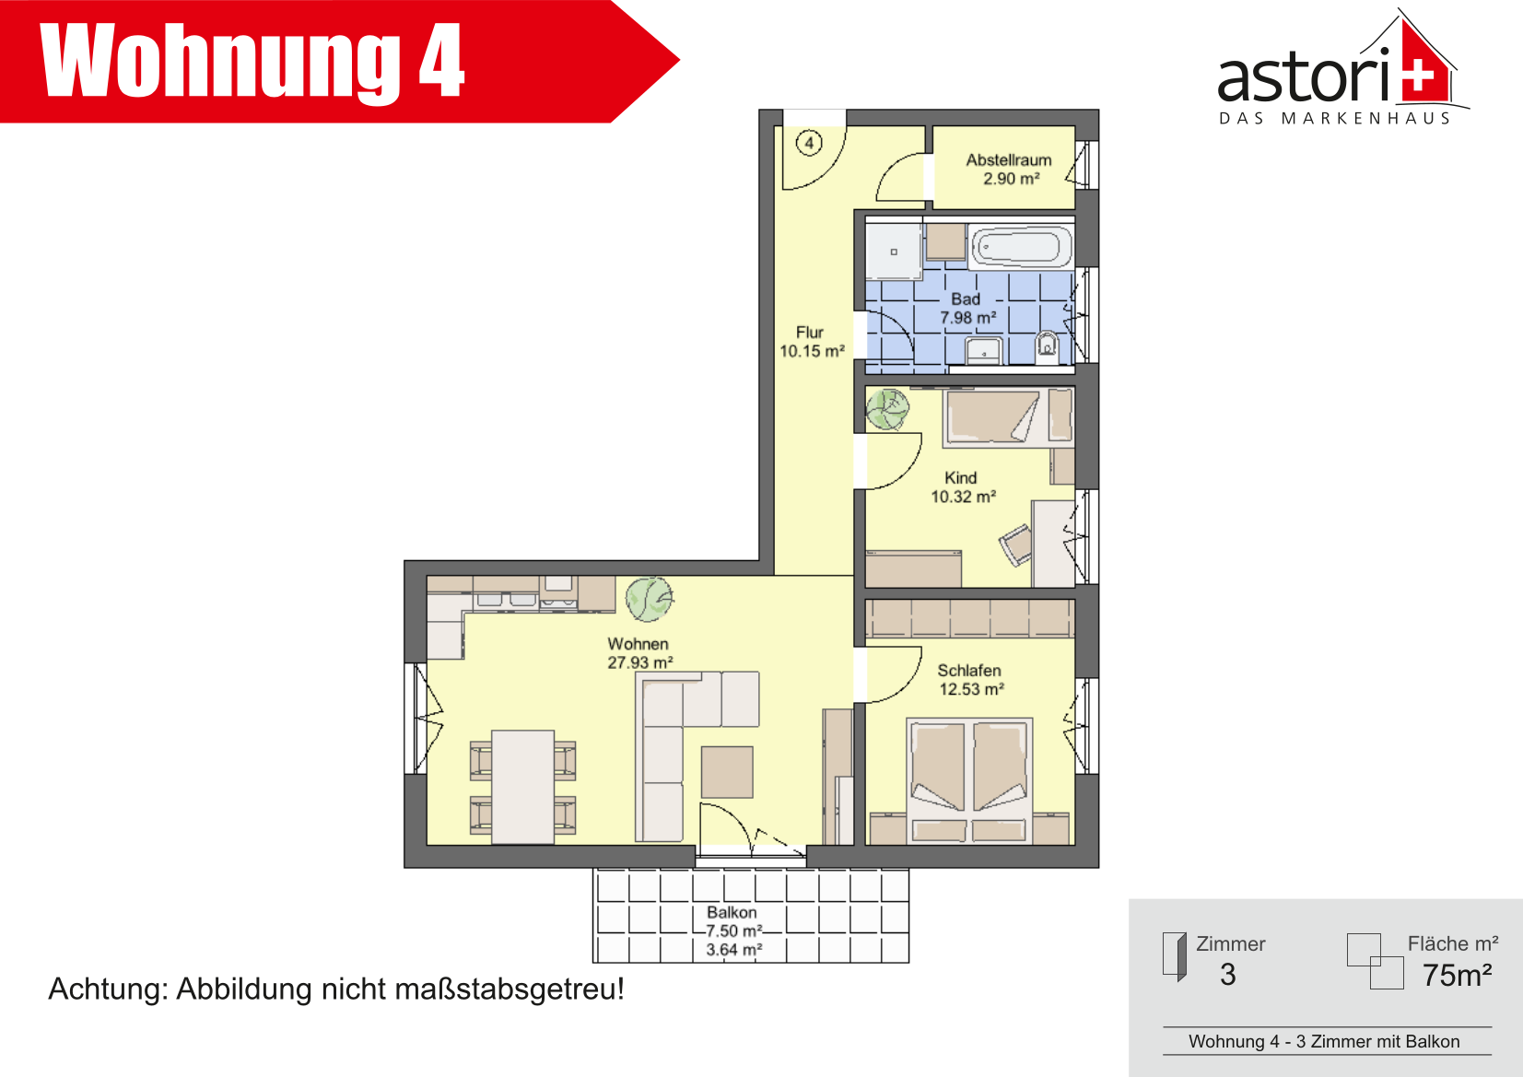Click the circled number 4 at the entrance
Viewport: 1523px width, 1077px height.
[809, 143]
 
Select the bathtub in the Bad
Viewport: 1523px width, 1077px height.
[1021, 245]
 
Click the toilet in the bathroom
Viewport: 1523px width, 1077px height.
[1047, 346]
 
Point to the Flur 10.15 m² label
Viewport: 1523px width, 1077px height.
[812, 342]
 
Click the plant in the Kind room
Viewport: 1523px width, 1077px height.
[887, 409]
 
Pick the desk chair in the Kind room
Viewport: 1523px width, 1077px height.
[1015, 544]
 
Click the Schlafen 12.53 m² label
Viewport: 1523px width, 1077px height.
[971, 680]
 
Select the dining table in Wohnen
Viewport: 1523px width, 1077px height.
[522, 787]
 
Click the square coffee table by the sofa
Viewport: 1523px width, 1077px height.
[727, 772]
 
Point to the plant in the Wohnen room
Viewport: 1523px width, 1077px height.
[650, 599]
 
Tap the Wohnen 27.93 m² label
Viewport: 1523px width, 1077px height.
[639, 652]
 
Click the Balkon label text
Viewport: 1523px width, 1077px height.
[732, 912]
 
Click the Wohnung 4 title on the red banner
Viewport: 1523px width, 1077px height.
[252, 61]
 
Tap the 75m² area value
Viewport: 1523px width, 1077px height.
[1457, 975]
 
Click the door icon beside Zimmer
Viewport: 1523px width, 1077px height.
[1174, 956]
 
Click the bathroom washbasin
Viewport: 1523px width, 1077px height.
[984, 352]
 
